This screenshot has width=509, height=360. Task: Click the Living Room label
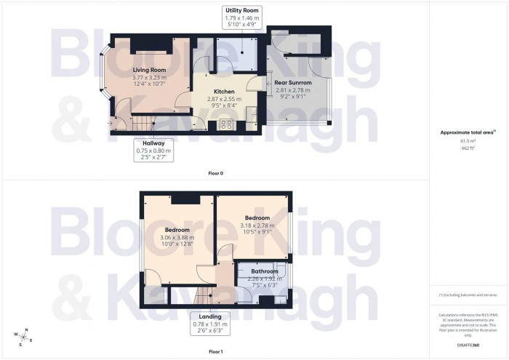(149, 70)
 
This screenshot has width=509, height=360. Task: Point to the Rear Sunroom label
(293, 83)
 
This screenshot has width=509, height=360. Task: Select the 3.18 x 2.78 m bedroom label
(257, 218)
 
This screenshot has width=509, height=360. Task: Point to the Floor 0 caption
(214, 174)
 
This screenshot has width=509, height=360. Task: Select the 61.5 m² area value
(468, 141)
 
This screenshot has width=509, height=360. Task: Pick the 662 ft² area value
(468, 148)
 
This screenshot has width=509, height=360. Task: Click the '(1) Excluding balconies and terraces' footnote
(468, 295)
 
